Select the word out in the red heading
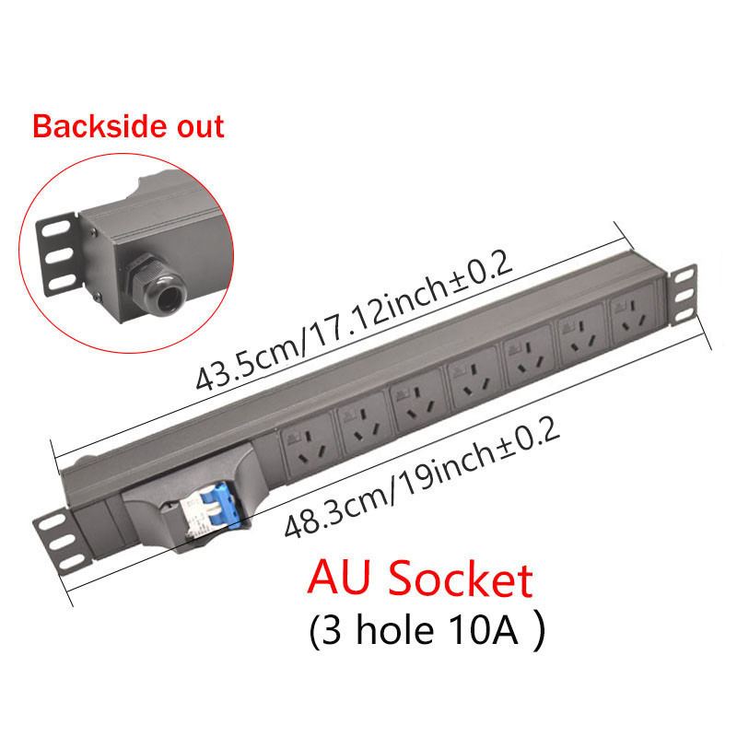[x=194, y=126]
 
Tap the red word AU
[x=341, y=581]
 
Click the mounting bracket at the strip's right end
[x=683, y=296]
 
